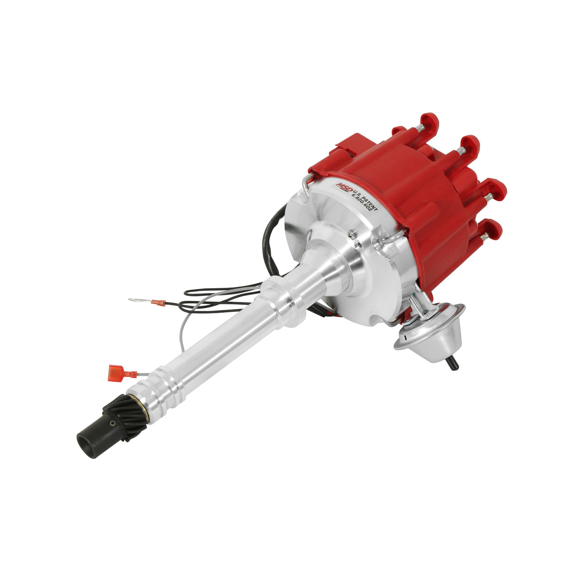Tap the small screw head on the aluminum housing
[351, 233]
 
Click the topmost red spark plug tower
[429, 123]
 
